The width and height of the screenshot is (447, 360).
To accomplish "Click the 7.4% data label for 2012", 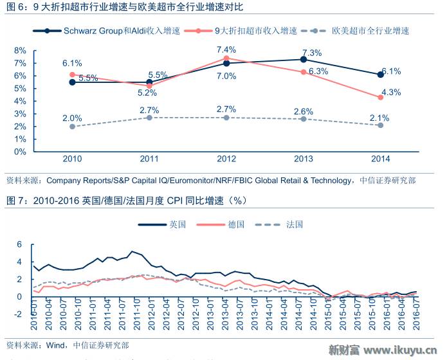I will click(226, 50).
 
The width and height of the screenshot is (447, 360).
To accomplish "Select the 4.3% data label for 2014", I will click(391, 92).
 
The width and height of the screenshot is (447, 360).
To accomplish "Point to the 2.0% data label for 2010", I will click(72, 118).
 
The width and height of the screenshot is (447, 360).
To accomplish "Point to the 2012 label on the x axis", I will click(226, 158).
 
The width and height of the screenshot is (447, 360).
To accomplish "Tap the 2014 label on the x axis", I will click(381, 158).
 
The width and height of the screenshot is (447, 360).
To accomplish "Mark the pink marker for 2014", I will click(381, 97).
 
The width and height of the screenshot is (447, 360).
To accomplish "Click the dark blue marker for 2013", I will click(304, 59).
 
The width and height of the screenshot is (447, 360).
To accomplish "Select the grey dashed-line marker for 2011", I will click(149, 118).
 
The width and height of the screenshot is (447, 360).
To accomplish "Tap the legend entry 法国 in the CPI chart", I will click(295, 224).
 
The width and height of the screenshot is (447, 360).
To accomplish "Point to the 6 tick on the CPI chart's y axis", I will click(19, 244).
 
